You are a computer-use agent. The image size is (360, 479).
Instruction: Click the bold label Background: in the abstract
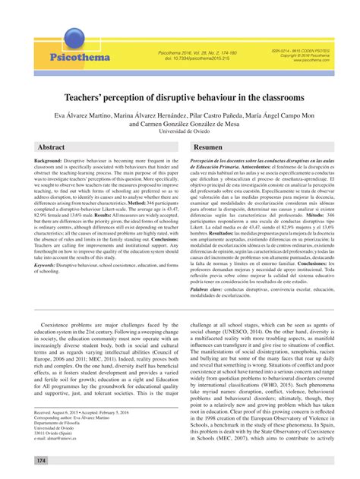pos(47,162)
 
